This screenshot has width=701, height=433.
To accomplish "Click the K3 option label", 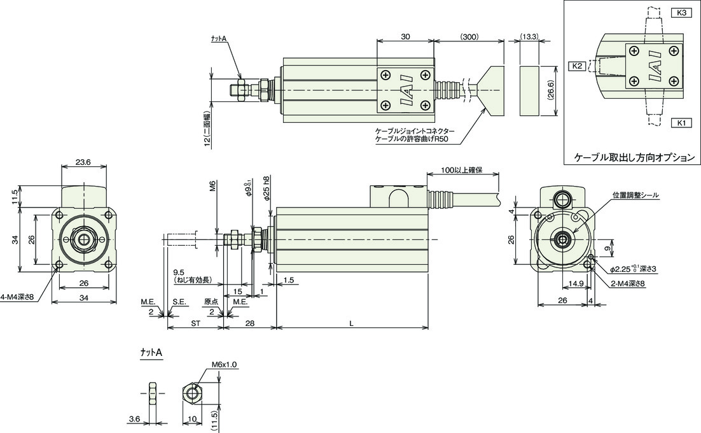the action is pos(681,13).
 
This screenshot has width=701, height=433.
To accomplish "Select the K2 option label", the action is pos(577,66).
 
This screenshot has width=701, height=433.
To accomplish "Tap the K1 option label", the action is pos(681,122).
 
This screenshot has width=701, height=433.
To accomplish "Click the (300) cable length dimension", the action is pos(469,37).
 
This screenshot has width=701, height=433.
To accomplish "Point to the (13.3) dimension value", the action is pos(529,37).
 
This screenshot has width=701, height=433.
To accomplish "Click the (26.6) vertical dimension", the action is pos(551,91).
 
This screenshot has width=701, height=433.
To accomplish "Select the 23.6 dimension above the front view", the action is pos(83,162).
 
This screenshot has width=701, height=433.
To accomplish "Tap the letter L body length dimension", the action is pos(352,323).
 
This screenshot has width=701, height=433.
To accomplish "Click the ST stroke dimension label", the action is pos(195,323).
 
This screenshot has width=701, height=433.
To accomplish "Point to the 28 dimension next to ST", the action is pos(250,323).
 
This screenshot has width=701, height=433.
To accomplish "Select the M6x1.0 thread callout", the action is pos(225,365).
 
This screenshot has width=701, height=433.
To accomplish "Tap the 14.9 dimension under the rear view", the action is pos(576,283).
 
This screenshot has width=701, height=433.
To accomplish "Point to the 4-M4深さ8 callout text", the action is pos(17,297).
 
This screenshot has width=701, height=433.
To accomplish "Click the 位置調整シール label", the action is pos(635,195).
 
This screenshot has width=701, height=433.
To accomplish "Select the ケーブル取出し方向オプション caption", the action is pos(634,157).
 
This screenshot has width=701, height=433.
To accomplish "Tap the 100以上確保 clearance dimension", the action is pos(462,171).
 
